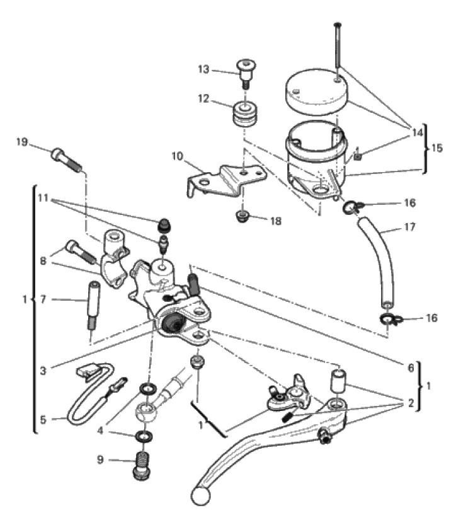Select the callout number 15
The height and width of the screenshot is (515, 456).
pos(436,149)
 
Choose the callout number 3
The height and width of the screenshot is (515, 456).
pos(43,372)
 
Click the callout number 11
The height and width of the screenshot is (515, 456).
pos(43,198)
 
